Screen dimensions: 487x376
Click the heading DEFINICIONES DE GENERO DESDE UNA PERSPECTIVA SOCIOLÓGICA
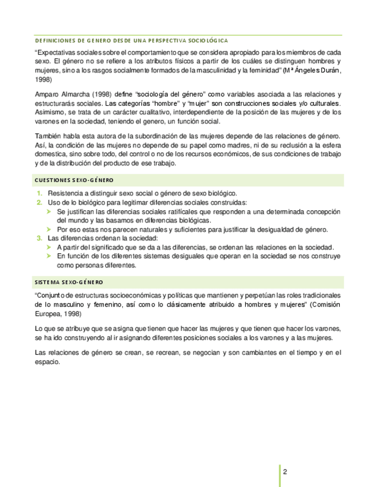tap(131, 41)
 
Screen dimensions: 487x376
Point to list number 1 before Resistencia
tap(40, 193)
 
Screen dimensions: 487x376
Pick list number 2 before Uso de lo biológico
tap(40, 202)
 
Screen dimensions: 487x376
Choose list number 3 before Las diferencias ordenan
tap(40, 238)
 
